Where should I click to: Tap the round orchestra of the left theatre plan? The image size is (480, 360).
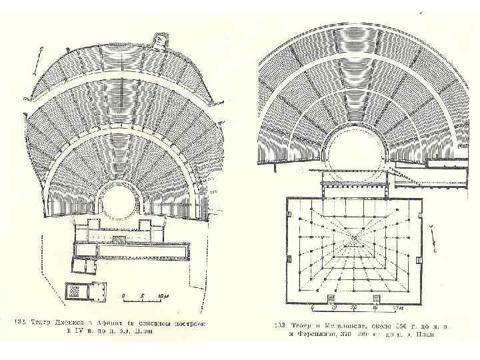click(118, 200)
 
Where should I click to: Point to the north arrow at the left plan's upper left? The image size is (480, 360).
click(42, 59)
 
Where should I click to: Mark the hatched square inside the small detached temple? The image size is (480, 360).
click(76, 291)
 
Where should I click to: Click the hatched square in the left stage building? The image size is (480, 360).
click(117, 239)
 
